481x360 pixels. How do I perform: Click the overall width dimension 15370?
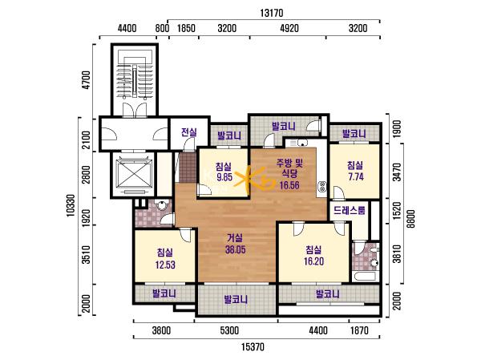pyautogui.click(x=253, y=347)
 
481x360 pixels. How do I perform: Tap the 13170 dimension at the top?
pyautogui.click(x=272, y=13)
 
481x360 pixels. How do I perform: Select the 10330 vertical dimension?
pyautogui.click(x=71, y=205)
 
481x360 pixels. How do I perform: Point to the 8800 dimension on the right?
pyautogui.click(x=410, y=219)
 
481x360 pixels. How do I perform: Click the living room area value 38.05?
pyautogui.click(x=235, y=250)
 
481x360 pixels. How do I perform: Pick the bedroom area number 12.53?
pyautogui.click(x=165, y=265)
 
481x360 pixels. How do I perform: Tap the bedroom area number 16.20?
pyautogui.click(x=313, y=261)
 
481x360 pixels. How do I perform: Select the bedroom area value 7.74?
pyautogui.click(x=356, y=176)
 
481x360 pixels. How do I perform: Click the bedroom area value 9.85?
pyautogui.click(x=224, y=177)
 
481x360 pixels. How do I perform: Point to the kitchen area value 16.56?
pyautogui.click(x=289, y=185)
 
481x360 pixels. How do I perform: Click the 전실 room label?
pyautogui.click(x=188, y=132)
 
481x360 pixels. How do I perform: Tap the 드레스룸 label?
pyautogui.click(x=350, y=210)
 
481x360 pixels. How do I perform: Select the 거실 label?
pyautogui.click(x=235, y=238)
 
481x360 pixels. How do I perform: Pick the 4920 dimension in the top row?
pyautogui.click(x=289, y=29)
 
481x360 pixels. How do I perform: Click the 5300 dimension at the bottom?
pyautogui.click(x=229, y=331)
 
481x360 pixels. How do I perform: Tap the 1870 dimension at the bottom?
pyautogui.click(x=359, y=331)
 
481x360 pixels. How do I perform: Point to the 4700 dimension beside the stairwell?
pyautogui.click(x=87, y=80)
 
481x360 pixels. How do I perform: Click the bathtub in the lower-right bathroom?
pyautogui.click(x=365, y=277)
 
